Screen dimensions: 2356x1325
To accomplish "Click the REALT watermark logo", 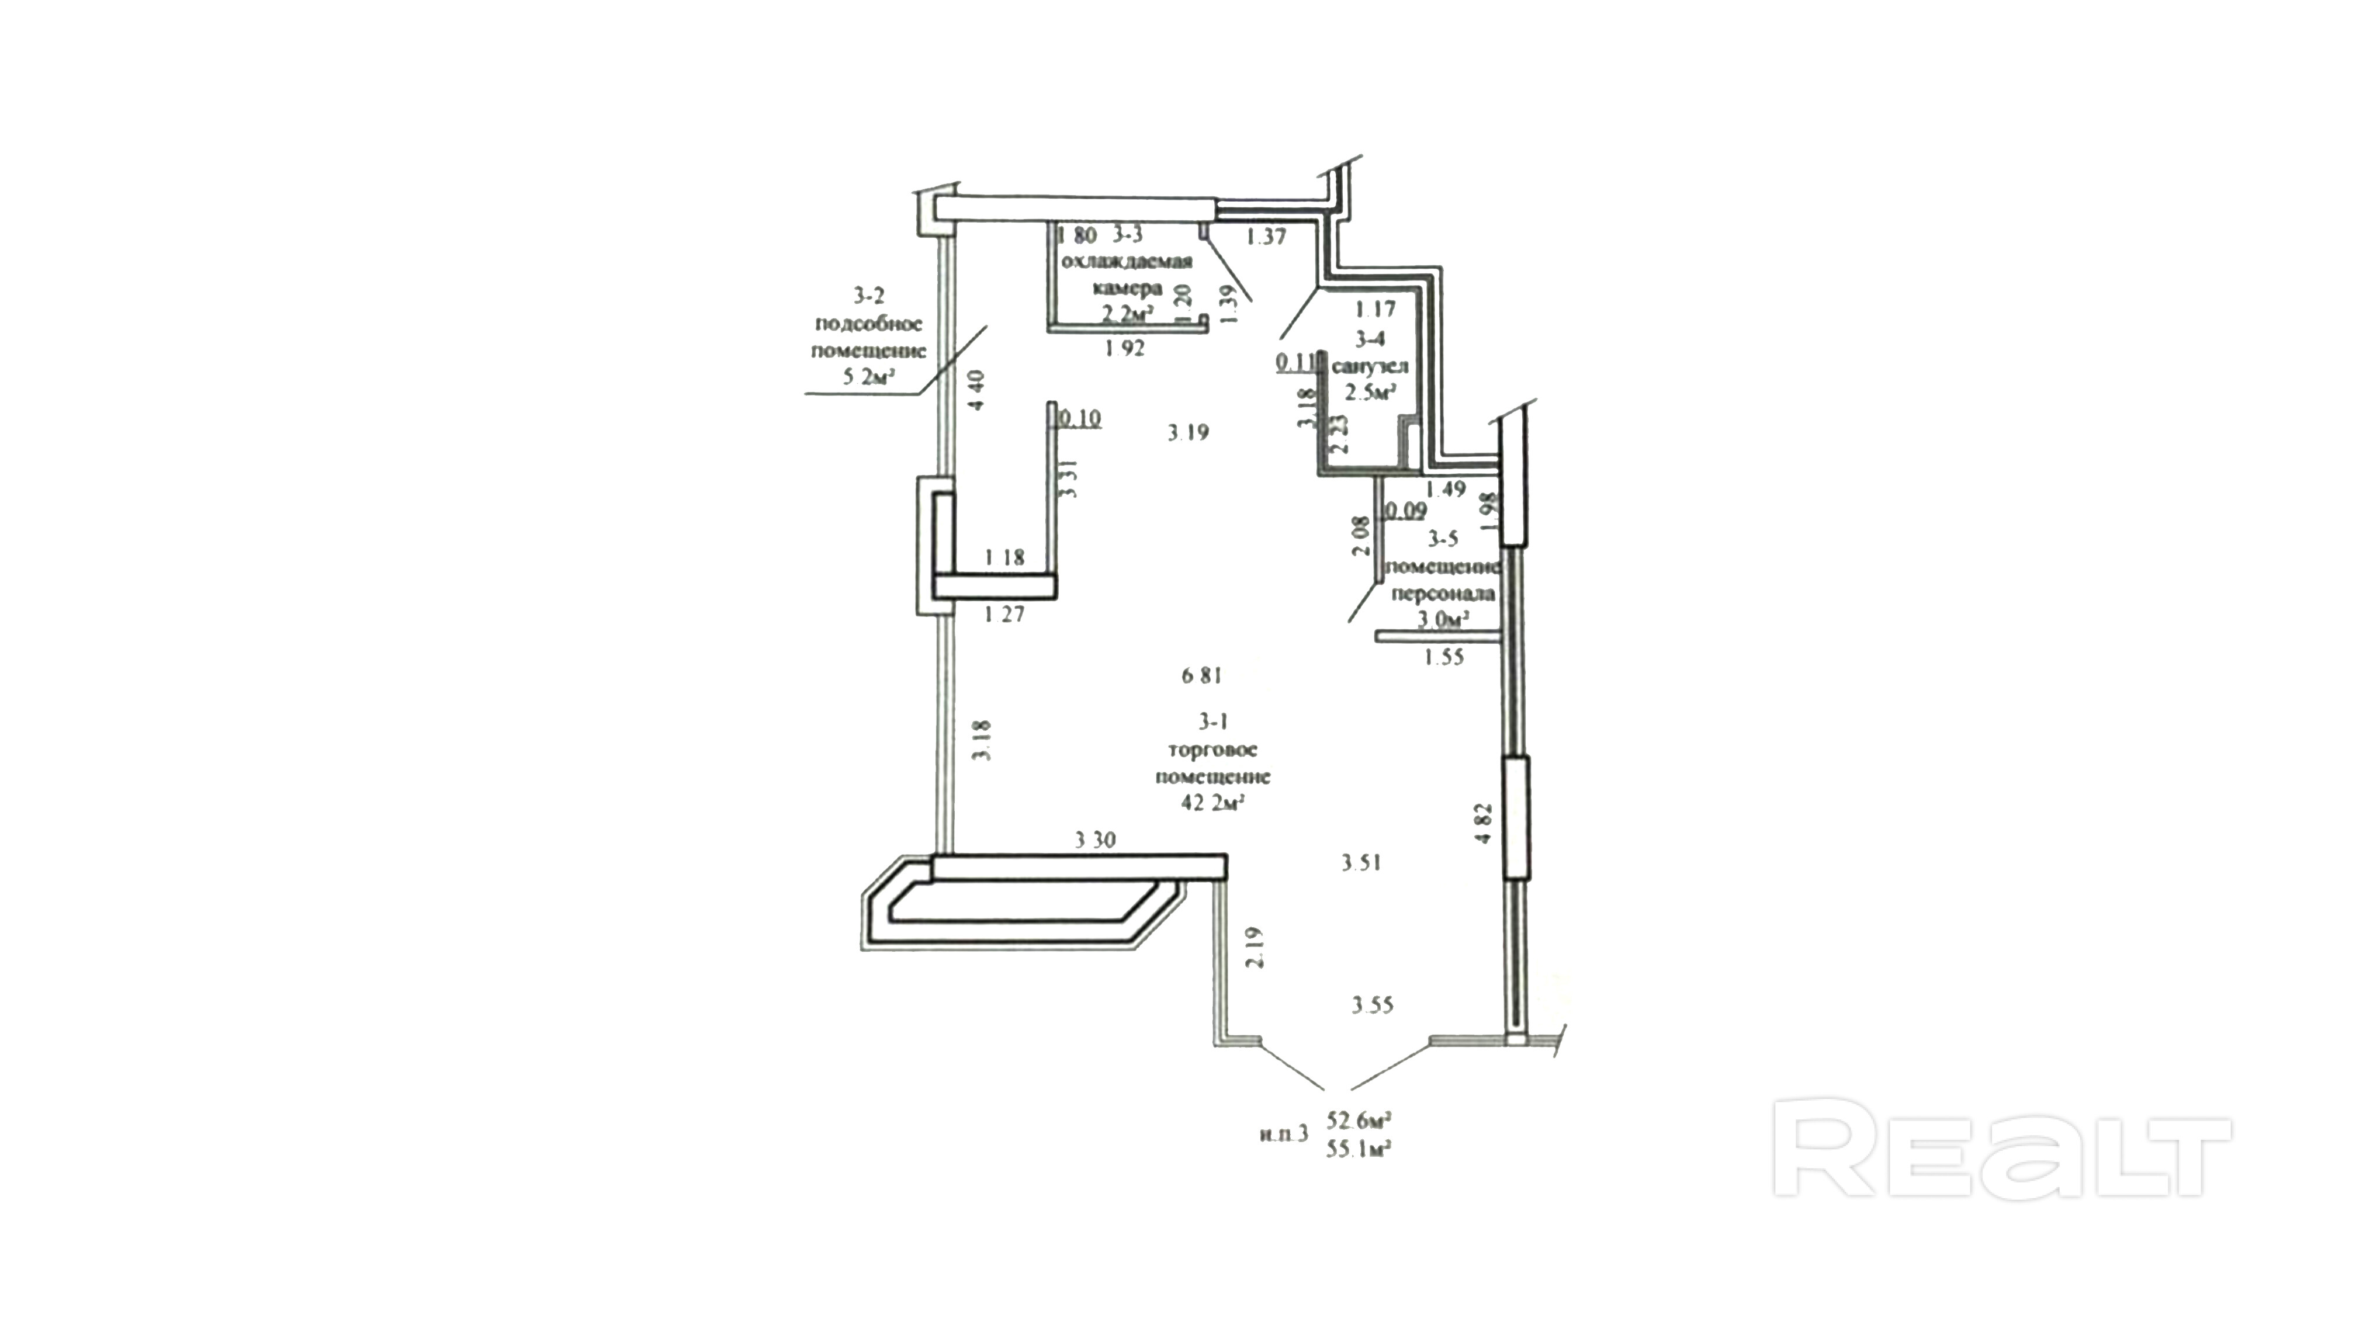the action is (2001, 1149).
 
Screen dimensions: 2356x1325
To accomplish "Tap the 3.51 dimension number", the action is (1361, 862).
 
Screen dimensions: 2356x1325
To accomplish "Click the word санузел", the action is (1369, 367).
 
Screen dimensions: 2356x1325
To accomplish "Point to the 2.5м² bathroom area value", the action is (1369, 393).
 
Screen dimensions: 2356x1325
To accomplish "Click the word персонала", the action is (1442, 594).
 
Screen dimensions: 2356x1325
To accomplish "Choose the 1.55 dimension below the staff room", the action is (1444, 657).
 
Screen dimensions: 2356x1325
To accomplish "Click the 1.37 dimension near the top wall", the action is (1267, 237).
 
